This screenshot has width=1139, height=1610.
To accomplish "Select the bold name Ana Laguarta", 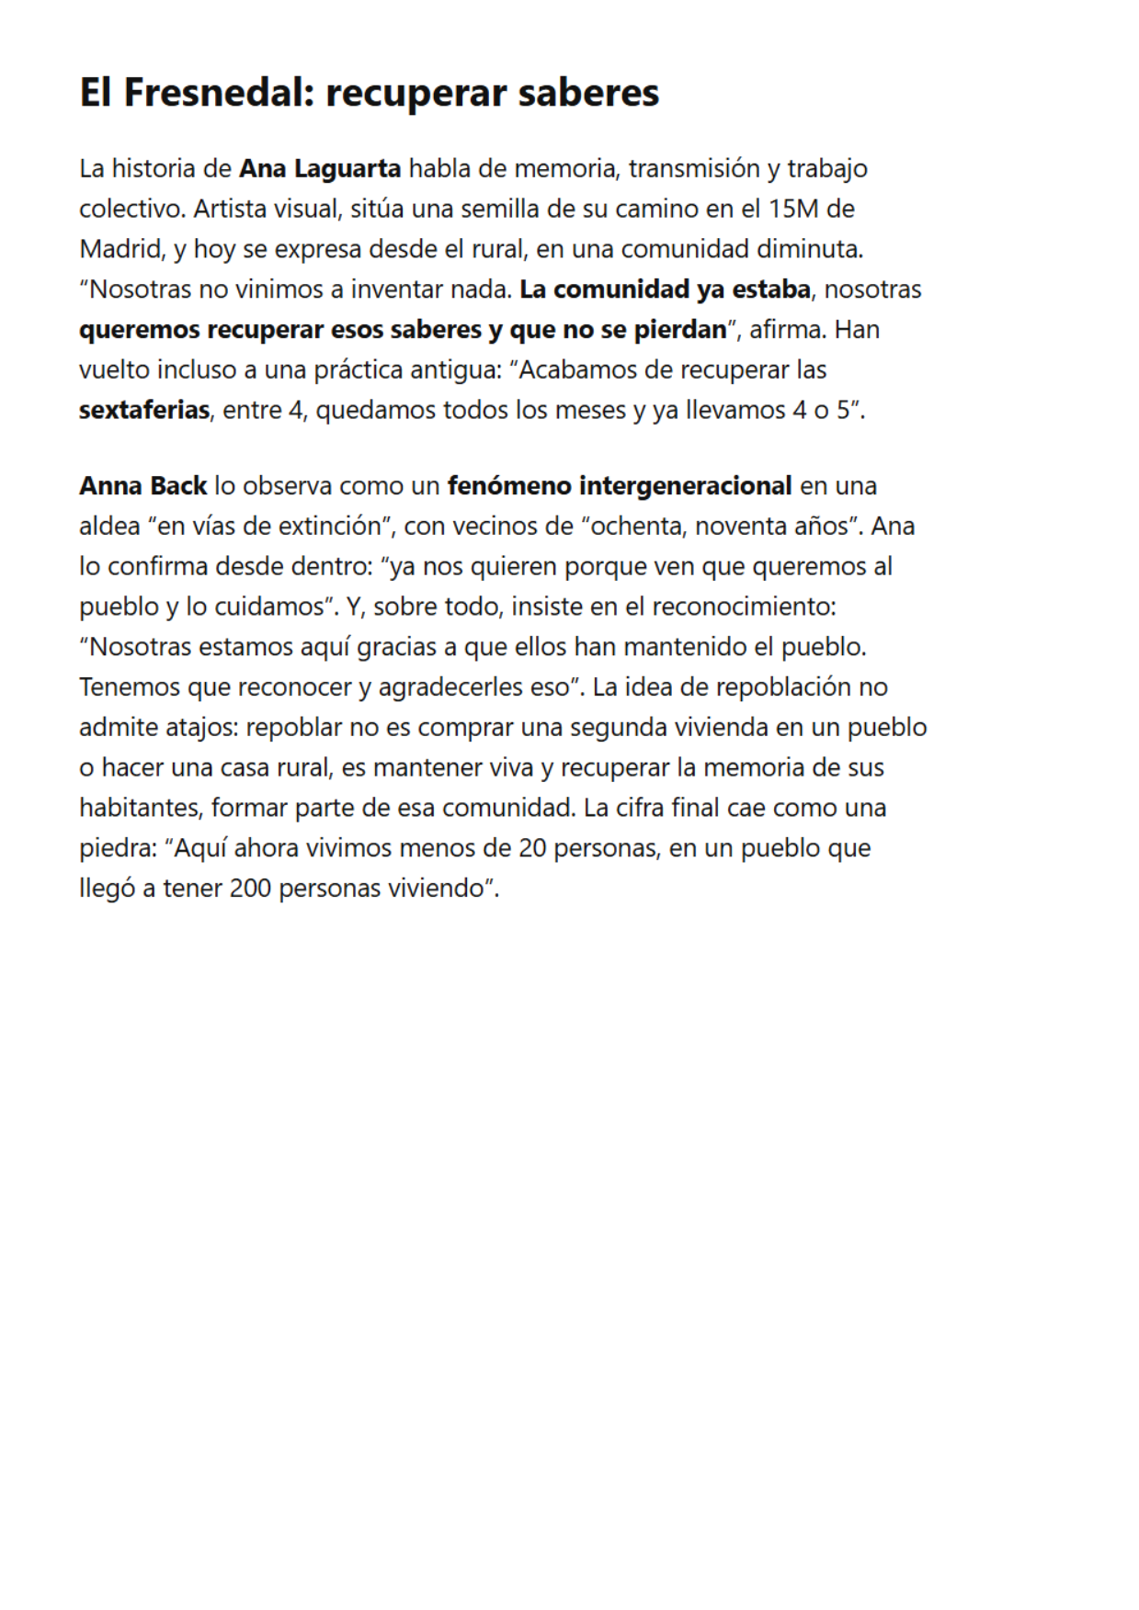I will point(320,169).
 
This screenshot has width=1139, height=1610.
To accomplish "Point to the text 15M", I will point(792,210).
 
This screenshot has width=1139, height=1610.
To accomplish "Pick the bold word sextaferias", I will point(144,410).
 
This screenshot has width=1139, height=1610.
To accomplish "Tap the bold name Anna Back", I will point(143,486).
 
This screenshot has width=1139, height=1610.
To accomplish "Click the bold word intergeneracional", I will point(685,486).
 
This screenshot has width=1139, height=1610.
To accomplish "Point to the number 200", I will point(250,889).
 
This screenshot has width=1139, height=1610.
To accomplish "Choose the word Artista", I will point(230,210).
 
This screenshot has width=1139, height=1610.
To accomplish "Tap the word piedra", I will point(118,848).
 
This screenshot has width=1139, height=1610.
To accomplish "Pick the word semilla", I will point(500,210).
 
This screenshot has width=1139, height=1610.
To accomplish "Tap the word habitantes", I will point(141,809).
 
